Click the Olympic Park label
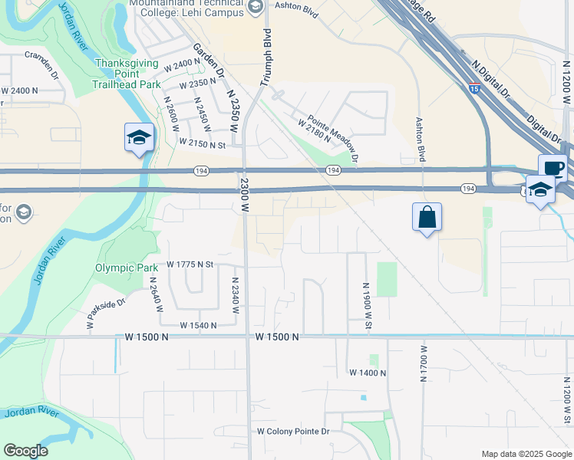(x=120, y=268)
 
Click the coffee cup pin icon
(x=553, y=167)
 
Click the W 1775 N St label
(x=189, y=265)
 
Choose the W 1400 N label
(x=368, y=373)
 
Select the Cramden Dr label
(x=41, y=64)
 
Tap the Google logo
(x=25, y=451)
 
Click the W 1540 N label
(x=199, y=325)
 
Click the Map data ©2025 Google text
(x=526, y=454)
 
